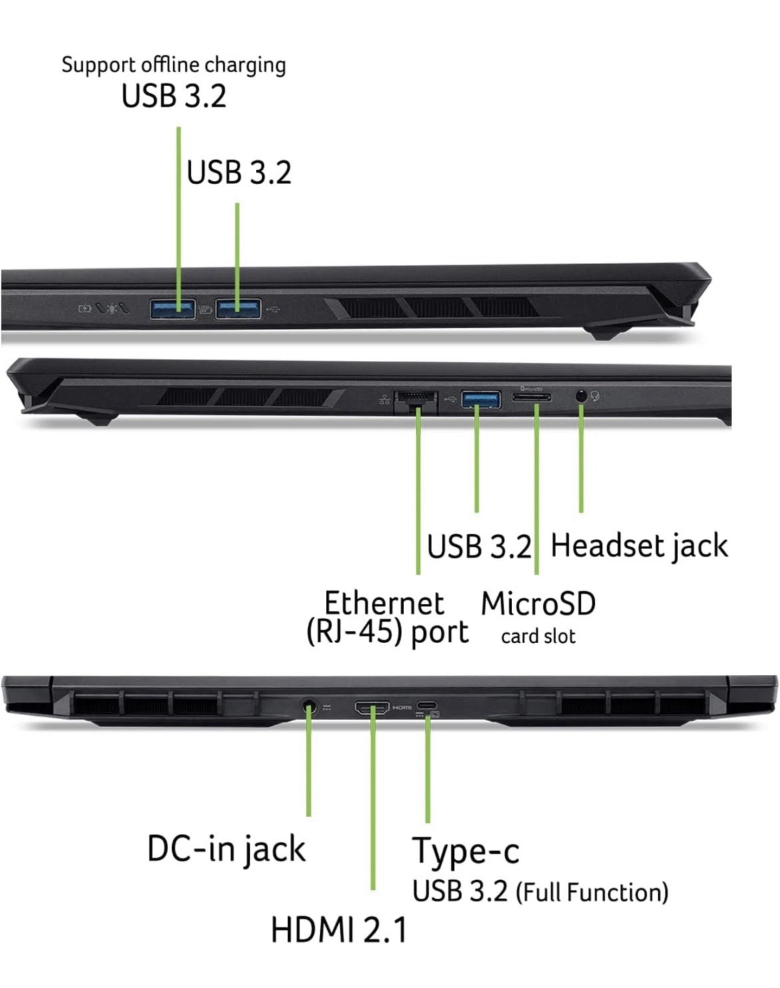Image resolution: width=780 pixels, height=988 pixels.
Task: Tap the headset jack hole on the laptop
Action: pyautogui.click(x=581, y=396)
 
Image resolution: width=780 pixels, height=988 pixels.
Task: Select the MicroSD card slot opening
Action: pyautogui.click(x=532, y=397)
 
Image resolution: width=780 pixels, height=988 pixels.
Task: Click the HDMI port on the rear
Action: pyautogui.click(x=371, y=708)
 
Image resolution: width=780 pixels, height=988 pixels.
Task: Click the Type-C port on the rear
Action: pyautogui.click(x=427, y=705)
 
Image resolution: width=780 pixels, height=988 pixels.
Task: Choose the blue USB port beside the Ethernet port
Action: pyautogui.click(x=481, y=399)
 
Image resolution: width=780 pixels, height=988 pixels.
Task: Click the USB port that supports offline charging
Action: pyautogui.click(x=173, y=308)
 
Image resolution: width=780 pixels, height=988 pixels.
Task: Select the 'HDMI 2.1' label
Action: pyautogui.click(x=339, y=930)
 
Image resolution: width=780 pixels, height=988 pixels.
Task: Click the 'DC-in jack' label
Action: pyautogui.click(x=226, y=849)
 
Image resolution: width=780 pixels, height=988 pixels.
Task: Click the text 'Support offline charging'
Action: pyautogui.click(x=173, y=65)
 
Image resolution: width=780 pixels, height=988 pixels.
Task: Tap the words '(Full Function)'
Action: pyautogui.click(x=592, y=893)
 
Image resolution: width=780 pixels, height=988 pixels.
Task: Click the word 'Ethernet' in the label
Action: pyautogui.click(x=384, y=603)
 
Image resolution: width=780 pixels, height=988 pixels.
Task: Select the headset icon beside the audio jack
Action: pyautogui.click(x=595, y=396)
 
